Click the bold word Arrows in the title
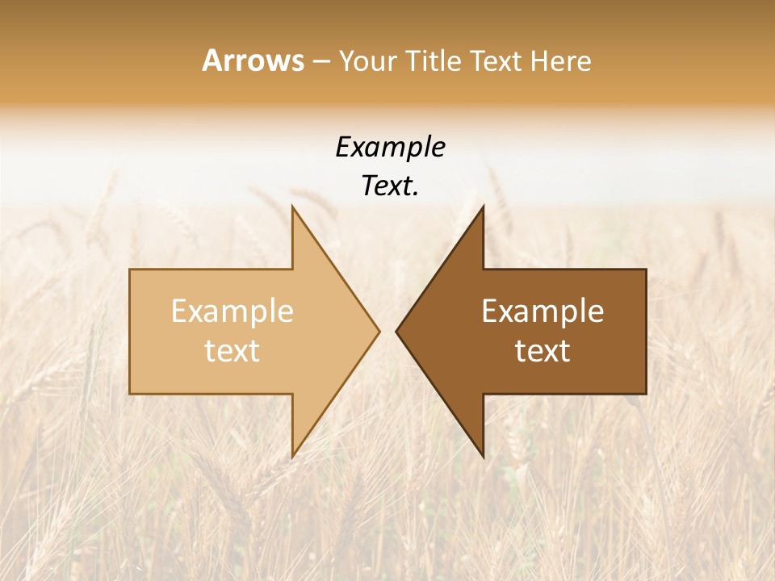coord(253,61)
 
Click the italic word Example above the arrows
coord(391,148)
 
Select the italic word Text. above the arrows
coord(391,186)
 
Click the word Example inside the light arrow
coord(232,311)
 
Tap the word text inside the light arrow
coord(232,351)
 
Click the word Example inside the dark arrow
coord(542,311)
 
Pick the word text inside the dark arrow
coord(542,351)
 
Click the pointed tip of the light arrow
coord(379,331)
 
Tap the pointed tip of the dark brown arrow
coord(396,331)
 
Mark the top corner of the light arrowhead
coord(292,206)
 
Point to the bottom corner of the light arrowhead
coord(292,458)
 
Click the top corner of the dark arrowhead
coord(483,206)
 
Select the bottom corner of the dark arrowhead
coord(483,458)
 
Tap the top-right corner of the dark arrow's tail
coord(646,270)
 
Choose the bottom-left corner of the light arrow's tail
coord(130,394)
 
